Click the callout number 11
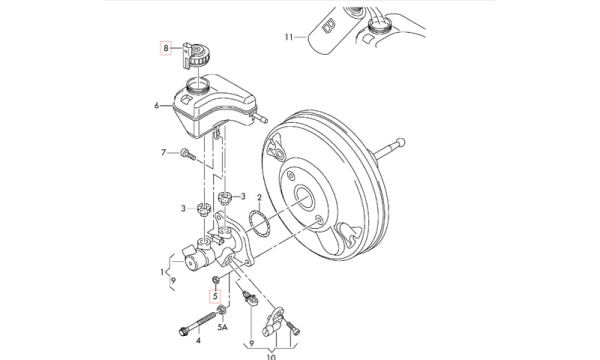[289, 37]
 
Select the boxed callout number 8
[166, 48]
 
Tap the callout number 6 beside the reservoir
[157, 105]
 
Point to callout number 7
[163, 153]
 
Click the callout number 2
[259, 198]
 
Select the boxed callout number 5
[215, 296]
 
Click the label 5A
[223, 327]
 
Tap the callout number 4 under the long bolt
[198, 340]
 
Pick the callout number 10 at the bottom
[271, 358]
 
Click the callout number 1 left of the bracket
[162, 272]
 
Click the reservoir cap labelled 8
[196, 56]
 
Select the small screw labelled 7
[187, 155]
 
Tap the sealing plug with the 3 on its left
[203, 209]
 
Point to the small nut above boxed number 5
[215, 278]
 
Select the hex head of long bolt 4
[184, 331]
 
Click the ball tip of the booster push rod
[400, 142]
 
